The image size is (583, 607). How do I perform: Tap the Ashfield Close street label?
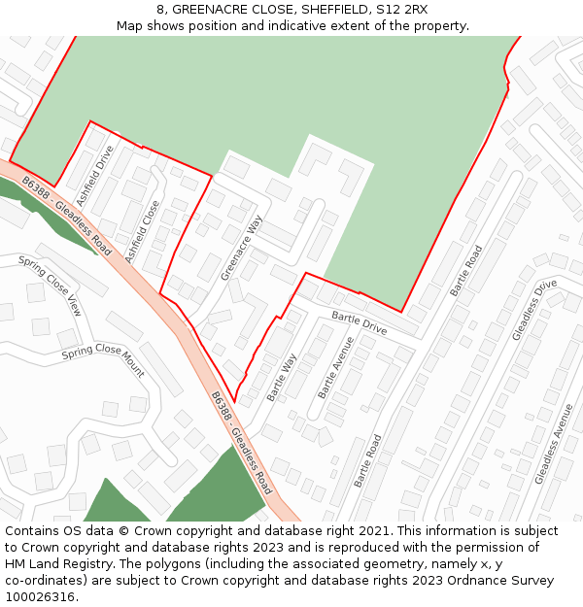[142, 231]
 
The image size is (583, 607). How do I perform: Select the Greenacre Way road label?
[242, 248]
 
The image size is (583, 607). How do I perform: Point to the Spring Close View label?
[51, 286]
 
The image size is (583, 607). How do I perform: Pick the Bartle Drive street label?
[359, 323]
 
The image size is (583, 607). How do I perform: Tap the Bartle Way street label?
[282, 377]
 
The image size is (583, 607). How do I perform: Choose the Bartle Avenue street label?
[335, 368]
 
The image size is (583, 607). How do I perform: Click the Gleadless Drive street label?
[534, 310]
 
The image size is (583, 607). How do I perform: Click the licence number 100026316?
[39, 597]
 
